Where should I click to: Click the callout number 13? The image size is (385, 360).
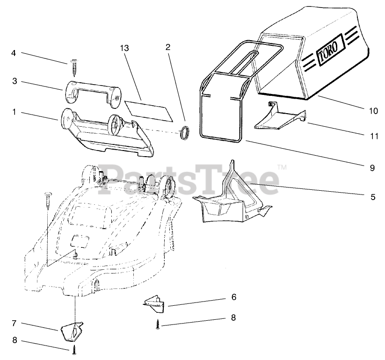124,49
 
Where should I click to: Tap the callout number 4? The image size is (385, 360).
14,53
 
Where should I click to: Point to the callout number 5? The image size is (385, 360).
373,197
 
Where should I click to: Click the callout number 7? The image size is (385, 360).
15,323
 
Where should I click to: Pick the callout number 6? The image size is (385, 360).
234,297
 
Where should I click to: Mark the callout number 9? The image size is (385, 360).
372,167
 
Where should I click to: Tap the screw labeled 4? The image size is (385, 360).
74,68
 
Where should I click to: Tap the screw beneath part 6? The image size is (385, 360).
159,324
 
